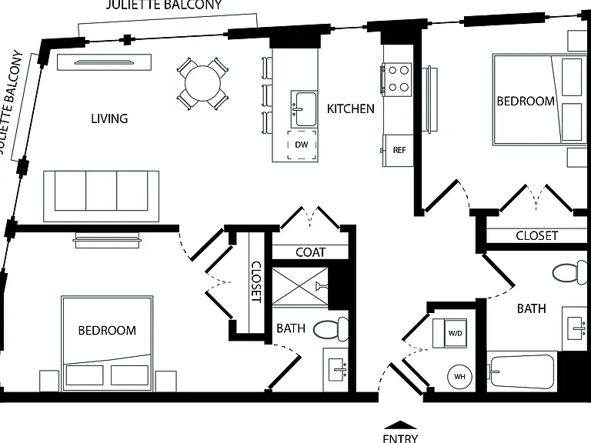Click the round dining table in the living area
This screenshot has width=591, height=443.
click(203, 83)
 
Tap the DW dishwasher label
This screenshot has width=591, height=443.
click(302, 145)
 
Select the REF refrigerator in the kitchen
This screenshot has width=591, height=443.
click(398, 150)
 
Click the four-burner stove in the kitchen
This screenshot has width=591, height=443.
click(397, 78)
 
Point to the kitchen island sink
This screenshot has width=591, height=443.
click(304, 109)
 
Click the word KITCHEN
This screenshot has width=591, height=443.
click(351, 109)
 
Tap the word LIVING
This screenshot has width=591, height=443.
click(109, 118)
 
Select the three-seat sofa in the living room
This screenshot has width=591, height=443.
click(101, 196)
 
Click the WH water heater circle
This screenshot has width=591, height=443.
click(459, 376)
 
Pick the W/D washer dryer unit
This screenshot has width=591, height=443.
click(449, 333)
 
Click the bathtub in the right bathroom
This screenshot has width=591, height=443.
click(522, 371)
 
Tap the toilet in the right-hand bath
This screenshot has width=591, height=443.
click(570, 272)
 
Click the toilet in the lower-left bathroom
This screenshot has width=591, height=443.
click(331, 329)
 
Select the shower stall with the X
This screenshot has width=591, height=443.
click(300, 286)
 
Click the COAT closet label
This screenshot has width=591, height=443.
click(310, 252)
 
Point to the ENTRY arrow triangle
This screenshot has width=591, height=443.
click(400, 425)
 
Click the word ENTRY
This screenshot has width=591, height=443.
click(400, 438)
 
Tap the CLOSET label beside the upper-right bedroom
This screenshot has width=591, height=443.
click(536, 236)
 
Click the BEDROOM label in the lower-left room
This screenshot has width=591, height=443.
click(107, 331)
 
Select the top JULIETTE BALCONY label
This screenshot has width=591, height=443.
click(163, 5)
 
